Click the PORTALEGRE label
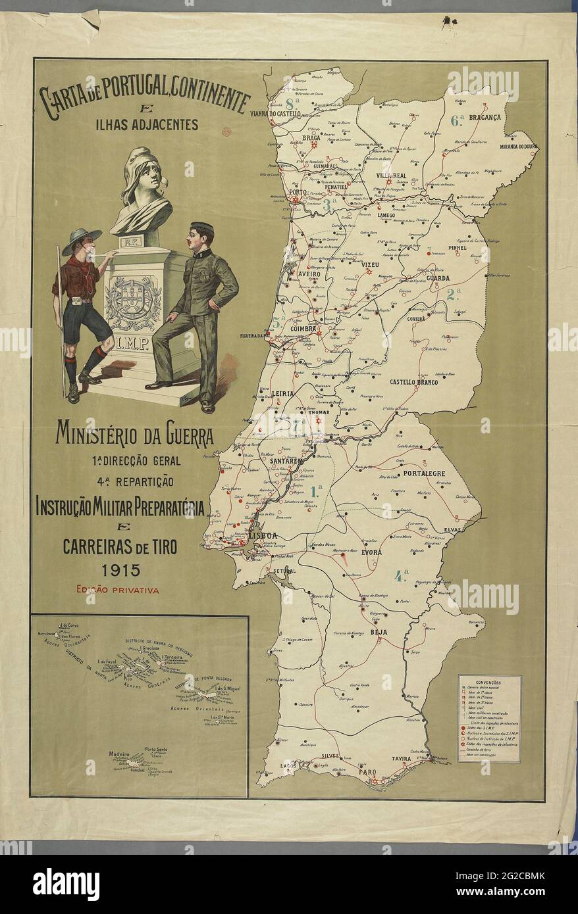click(424, 473)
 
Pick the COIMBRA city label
click(301, 329)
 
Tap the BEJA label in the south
click(379, 632)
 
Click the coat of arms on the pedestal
click(133, 302)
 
